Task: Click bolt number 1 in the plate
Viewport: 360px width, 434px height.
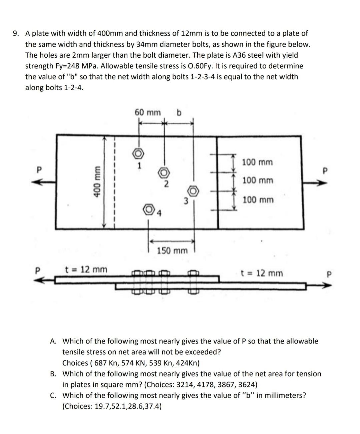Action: [x=139, y=153]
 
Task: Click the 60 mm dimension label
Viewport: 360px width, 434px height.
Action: [x=147, y=112]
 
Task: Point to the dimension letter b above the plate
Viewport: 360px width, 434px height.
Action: [x=179, y=113]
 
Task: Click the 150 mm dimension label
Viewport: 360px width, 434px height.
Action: [x=172, y=250]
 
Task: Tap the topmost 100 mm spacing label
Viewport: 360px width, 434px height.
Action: [x=257, y=162]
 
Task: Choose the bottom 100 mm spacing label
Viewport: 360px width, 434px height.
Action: [x=258, y=200]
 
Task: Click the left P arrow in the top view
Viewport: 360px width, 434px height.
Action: [x=43, y=182]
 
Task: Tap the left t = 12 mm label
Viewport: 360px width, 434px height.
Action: [x=86, y=269]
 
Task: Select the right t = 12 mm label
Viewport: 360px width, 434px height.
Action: [x=262, y=273]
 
